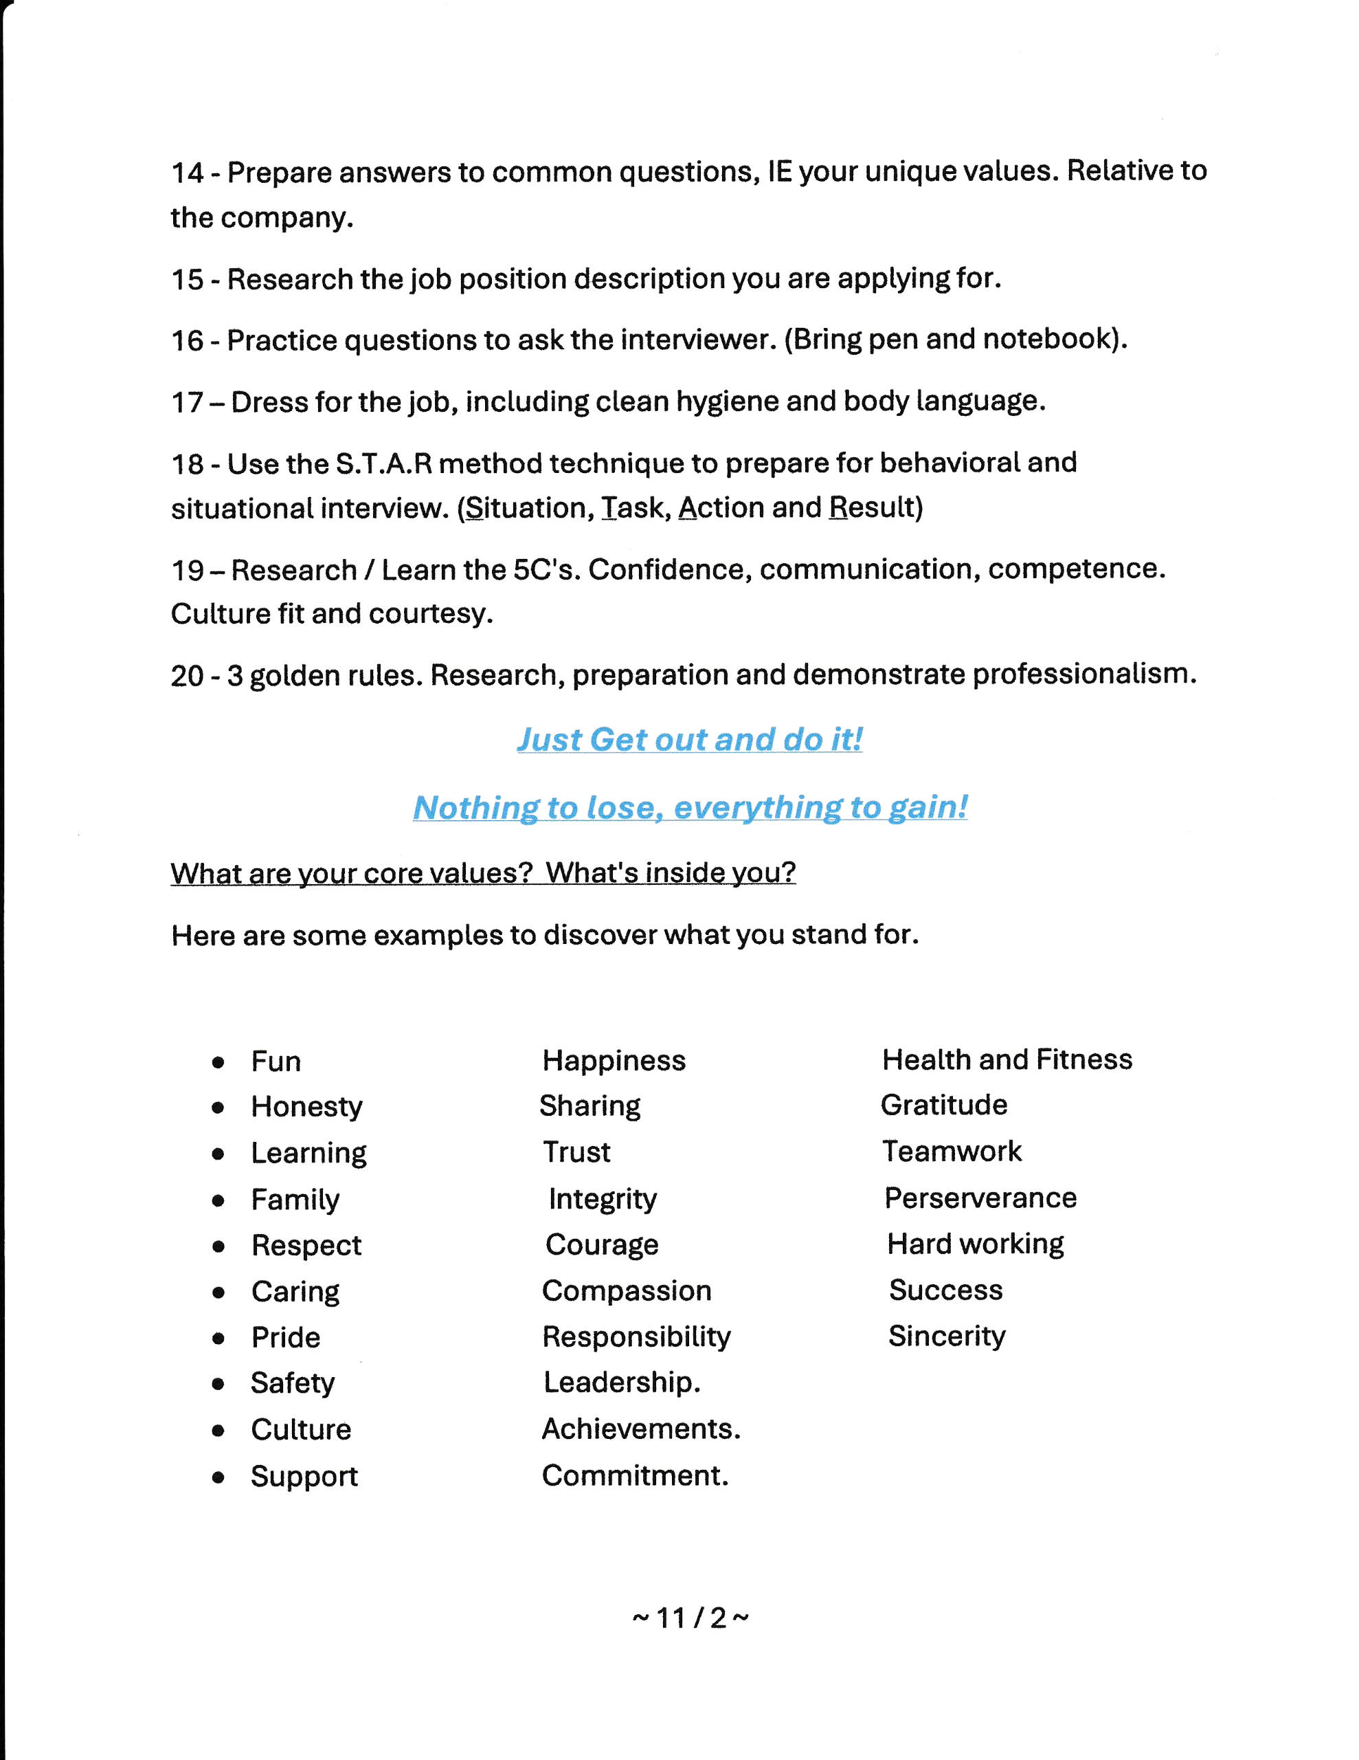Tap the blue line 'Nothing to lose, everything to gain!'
click(690, 806)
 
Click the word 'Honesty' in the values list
click(306, 1106)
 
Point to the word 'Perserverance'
click(980, 1198)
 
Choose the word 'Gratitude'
click(943, 1105)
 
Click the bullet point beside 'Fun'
click(218, 1063)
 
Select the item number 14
click(187, 173)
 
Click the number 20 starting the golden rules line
click(187, 675)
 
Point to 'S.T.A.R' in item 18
click(383, 463)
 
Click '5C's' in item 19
click(546, 570)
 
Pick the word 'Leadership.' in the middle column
click(621, 1382)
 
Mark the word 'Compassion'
click(626, 1290)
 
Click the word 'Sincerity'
click(947, 1336)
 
